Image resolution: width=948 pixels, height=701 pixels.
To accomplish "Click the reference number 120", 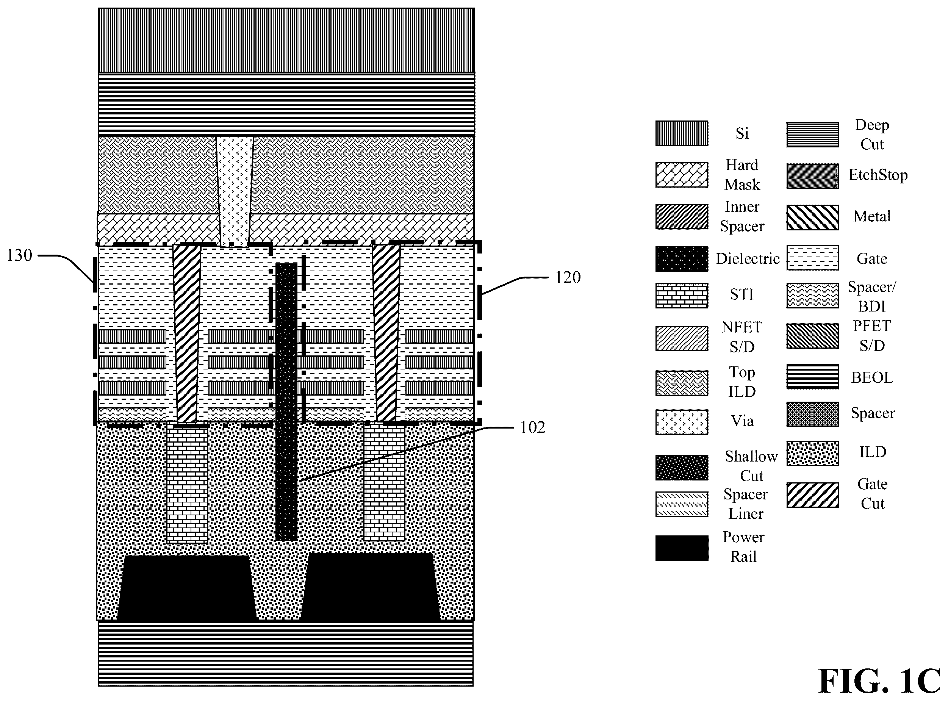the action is coord(568,277).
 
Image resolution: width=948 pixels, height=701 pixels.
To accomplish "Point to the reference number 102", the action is coord(533,427).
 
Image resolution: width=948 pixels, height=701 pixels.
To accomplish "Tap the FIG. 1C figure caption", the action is coord(879,681).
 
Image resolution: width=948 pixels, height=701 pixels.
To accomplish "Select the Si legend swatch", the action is coord(682,133).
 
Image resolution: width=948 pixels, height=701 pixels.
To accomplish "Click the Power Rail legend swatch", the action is coord(682,548).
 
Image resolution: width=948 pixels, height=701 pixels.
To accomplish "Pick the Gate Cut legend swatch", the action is coord(812,494).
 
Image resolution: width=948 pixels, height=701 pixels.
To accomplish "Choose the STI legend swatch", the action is coord(682,295).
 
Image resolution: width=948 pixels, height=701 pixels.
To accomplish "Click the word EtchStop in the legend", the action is coord(878,175).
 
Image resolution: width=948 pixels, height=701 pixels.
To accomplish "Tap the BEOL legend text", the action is coord(872,377).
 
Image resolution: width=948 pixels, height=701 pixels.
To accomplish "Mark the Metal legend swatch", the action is coord(812,217).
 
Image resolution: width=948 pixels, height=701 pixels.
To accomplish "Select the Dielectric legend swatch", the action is coord(682,259).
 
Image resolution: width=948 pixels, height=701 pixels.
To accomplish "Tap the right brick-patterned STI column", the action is coord(384,482).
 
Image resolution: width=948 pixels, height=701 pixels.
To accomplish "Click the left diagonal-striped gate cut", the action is coord(187,333).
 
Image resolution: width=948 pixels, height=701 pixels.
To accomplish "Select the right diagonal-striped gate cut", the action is coord(386,333).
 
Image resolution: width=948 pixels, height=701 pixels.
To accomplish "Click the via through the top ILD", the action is coord(235,191).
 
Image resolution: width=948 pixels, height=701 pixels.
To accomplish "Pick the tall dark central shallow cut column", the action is coord(286,402).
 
